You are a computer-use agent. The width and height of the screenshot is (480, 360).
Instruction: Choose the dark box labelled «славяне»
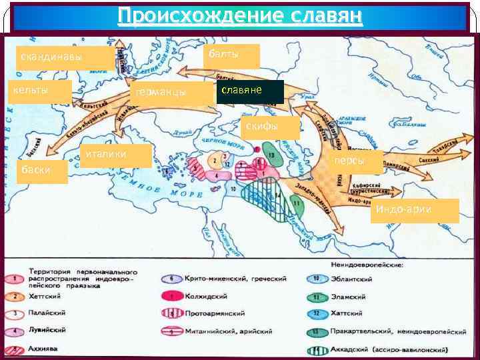[250, 91]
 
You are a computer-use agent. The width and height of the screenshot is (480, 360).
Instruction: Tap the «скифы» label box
[269, 127]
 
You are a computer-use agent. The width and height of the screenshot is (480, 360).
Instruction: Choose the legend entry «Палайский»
[47, 312]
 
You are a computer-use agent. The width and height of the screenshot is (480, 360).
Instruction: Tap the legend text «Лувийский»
[47, 329]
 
